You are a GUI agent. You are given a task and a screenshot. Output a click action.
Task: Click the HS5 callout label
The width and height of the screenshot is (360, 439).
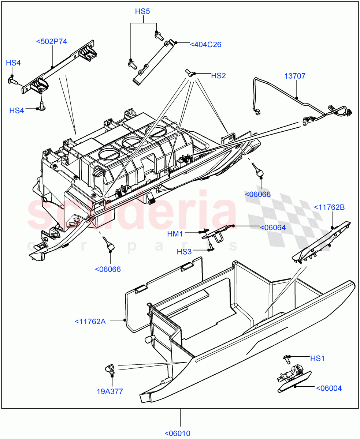pyautogui.click(x=142, y=11)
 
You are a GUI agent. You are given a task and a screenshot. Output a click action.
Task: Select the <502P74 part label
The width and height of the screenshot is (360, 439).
pyautogui.click(x=52, y=41)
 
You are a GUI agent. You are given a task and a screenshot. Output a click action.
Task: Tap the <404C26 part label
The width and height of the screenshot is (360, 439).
pyautogui.click(x=205, y=45)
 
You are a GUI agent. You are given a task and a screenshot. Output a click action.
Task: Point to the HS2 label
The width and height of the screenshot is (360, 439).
pyautogui.click(x=218, y=76)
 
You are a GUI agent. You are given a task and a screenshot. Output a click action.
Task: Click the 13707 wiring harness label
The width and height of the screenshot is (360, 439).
pyautogui.click(x=295, y=76)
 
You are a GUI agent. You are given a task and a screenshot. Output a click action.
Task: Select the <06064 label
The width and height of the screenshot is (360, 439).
pyautogui.click(x=272, y=228)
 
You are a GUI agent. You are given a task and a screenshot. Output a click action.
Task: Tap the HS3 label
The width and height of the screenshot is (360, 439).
pyautogui.click(x=184, y=252)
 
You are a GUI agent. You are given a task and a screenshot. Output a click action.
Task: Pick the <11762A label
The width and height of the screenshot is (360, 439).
pyautogui.click(x=90, y=322)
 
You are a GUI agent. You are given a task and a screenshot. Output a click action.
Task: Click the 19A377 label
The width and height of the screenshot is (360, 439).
pyautogui.click(x=110, y=391)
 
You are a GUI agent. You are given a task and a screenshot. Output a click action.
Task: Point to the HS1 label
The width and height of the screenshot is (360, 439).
pyautogui.click(x=317, y=359)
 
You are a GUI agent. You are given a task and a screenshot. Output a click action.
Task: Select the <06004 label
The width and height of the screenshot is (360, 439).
pyautogui.click(x=329, y=388)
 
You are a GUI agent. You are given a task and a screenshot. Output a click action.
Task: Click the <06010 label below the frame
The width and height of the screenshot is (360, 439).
pyautogui.click(x=177, y=434)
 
